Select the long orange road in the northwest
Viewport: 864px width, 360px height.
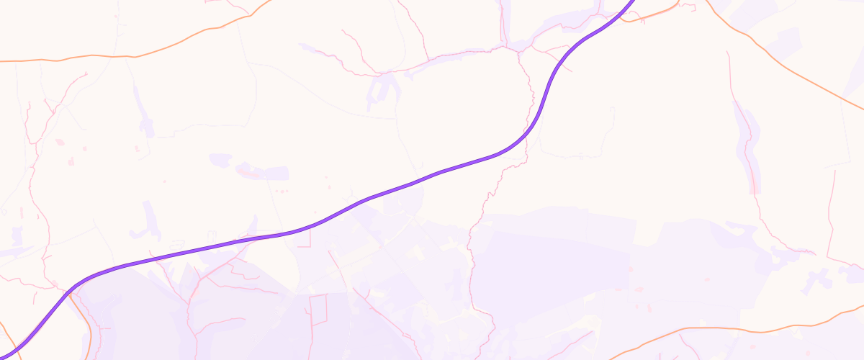point(144,55)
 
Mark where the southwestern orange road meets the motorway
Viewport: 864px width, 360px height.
point(70,292)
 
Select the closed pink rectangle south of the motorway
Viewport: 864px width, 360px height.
point(318,310)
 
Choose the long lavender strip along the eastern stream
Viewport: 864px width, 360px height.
point(749,144)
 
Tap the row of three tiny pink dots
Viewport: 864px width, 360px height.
point(282,191)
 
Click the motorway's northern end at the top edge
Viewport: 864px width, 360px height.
point(634,2)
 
